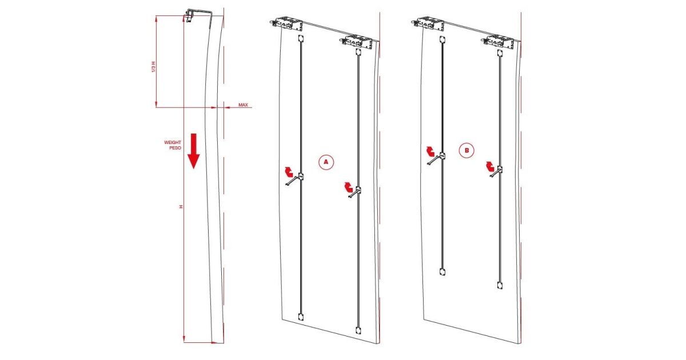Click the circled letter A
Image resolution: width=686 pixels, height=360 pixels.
[326, 162]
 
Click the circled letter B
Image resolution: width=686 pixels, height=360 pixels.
[466, 150]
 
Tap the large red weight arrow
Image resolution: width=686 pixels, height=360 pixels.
[194, 151]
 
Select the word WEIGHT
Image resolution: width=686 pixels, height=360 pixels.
[173, 142]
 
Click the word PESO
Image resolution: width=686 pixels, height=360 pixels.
[175, 148]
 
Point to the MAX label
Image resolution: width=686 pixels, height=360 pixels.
[243, 105]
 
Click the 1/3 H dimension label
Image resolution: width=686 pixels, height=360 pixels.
[154, 66]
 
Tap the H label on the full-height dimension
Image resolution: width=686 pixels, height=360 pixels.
[181, 207]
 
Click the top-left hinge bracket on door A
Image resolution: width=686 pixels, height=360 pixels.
[286, 24]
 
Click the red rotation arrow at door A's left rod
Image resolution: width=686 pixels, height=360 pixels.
[289, 172]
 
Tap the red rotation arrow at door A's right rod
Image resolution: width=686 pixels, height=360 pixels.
[348, 187]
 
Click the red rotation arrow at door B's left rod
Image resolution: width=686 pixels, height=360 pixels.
[430, 151]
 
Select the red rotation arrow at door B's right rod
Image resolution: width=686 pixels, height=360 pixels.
[490, 167]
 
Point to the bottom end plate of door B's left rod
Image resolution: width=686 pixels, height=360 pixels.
[442, 271]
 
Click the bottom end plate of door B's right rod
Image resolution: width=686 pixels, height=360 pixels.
[500, 286]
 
